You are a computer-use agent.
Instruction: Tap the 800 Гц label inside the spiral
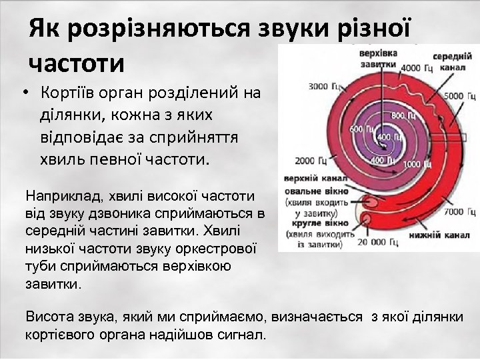click(397, 115)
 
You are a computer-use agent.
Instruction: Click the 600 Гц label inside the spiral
click(357, 129)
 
